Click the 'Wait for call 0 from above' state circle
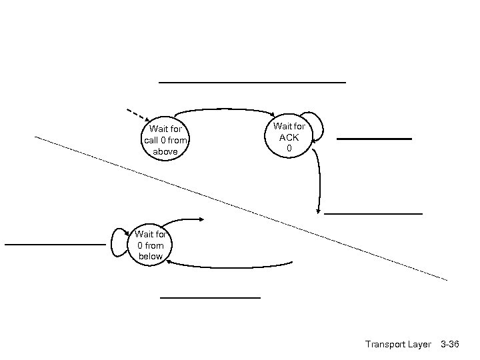[x=165, y=139]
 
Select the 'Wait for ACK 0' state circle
[x=289, y=136]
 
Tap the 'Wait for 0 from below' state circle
[x=151, y=245]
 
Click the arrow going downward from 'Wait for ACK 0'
[x=319, y=180]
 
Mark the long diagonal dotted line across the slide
[x=240, y=207]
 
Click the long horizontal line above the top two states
[x=252, y=82]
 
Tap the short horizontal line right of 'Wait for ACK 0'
[x=374, y=139]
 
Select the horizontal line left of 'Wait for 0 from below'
[x=55, y=245]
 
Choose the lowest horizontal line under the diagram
[x=210, y=297]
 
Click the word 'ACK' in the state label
[x=289, y=137]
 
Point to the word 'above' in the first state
[x=165, y=151]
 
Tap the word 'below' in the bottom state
[x=151, y=256]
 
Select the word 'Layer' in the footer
[x=420, y=344]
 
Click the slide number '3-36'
[x=450, y=344]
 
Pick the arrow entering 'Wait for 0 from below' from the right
[x=227, y=266]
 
